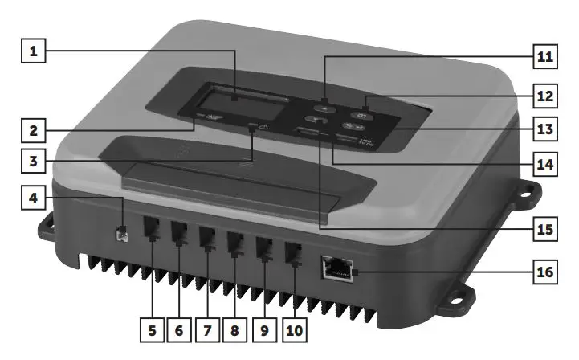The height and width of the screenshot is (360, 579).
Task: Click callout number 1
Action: point(34,52)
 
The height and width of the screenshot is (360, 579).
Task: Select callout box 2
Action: point(34,129)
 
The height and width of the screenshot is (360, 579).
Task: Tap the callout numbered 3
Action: point(34,162)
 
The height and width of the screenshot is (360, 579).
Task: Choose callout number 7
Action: point(209,329)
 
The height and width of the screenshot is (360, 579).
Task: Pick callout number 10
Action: point(294,329)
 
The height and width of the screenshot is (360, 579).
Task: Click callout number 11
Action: point(544,59)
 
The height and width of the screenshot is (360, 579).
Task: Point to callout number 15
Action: point(544,228)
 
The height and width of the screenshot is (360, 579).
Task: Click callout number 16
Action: point(544,272)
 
